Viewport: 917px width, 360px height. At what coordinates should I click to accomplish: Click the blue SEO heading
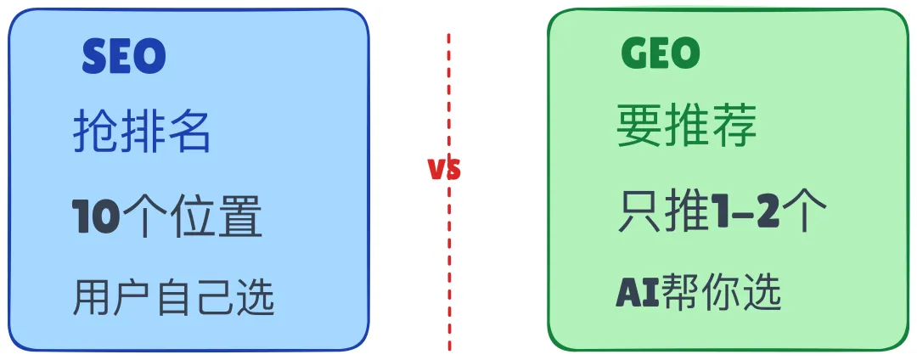[x=124, y=57]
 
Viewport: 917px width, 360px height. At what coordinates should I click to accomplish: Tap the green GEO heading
[x=661, y=55]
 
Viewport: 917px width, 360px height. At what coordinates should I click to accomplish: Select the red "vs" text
[x=444, y=169]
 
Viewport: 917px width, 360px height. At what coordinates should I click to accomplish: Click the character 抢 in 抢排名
[x=94, y=134]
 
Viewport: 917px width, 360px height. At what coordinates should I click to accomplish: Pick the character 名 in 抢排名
[x=188, y=134]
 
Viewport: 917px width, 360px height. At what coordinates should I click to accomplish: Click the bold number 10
[x=95, y=217]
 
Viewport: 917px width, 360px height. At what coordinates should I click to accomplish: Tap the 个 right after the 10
[x=142, y=217]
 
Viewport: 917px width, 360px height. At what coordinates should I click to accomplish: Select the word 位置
[x=214, y=217]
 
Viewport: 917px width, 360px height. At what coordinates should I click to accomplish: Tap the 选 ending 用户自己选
[x=255, y=297]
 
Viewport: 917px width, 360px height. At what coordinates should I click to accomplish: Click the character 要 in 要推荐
[x=639, y=127]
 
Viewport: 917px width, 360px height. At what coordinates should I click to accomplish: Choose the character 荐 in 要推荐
[x=734, y=127]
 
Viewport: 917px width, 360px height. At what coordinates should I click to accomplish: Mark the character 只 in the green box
[x=640, y=212]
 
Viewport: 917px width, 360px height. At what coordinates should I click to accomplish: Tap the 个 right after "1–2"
[x=805, y=212]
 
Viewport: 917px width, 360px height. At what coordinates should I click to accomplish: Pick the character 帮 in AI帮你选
[x=681, y=293]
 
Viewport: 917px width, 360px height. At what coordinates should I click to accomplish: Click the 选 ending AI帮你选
[x=762, y=293]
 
